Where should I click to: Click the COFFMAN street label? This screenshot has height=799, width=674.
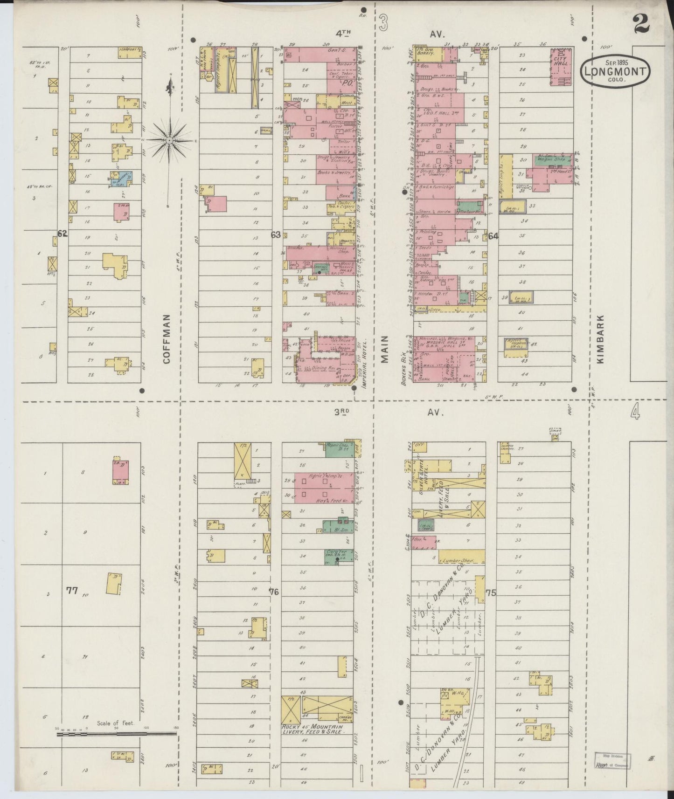pos(168,338)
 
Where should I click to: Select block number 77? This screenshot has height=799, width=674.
pos(71,591)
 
